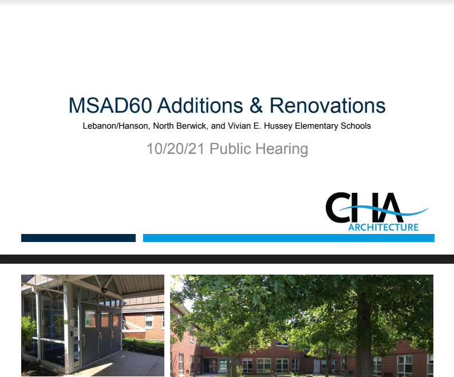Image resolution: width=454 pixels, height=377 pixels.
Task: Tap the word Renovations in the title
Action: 327,106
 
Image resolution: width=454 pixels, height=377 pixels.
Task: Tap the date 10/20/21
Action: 175,149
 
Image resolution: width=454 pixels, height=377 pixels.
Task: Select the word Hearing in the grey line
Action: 281,149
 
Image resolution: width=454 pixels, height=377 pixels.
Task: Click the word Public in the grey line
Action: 229,149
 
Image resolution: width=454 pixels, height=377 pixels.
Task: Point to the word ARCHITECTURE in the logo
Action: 383,227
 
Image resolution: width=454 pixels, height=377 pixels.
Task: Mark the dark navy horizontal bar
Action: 78,238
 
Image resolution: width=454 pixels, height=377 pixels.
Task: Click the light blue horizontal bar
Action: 289,238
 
